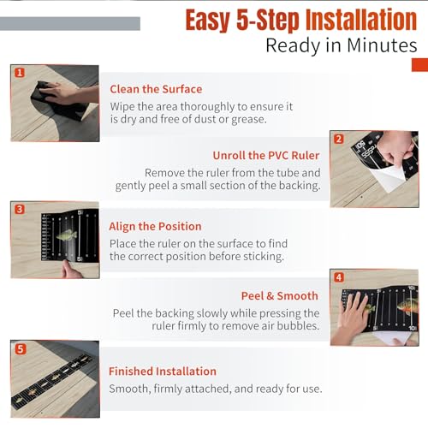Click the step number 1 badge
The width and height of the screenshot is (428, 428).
[x=20, y=73]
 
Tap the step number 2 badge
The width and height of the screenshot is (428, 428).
[x=339, y=140]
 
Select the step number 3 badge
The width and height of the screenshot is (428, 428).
[x=20, y=210]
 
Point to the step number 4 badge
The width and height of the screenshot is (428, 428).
[x=339, y=277]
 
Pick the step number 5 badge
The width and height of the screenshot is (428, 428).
[x=20, y=349]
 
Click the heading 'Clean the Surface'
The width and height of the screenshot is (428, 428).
[x=156, y=89]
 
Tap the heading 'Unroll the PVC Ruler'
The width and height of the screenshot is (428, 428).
[x=266, y=156]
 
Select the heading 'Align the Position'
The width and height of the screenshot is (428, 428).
[x=155, y=227]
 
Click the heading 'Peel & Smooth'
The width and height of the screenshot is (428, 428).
[x=280, y=296]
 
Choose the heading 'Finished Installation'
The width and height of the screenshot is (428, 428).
[x=163, y=372]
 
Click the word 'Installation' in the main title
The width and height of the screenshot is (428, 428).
[x=361, y=20]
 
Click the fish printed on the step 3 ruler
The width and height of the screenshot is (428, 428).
[x=68, y=235]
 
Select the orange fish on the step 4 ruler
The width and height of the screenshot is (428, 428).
[x=407, y=306]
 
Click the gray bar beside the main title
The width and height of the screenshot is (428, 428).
[x=70, y=24]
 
